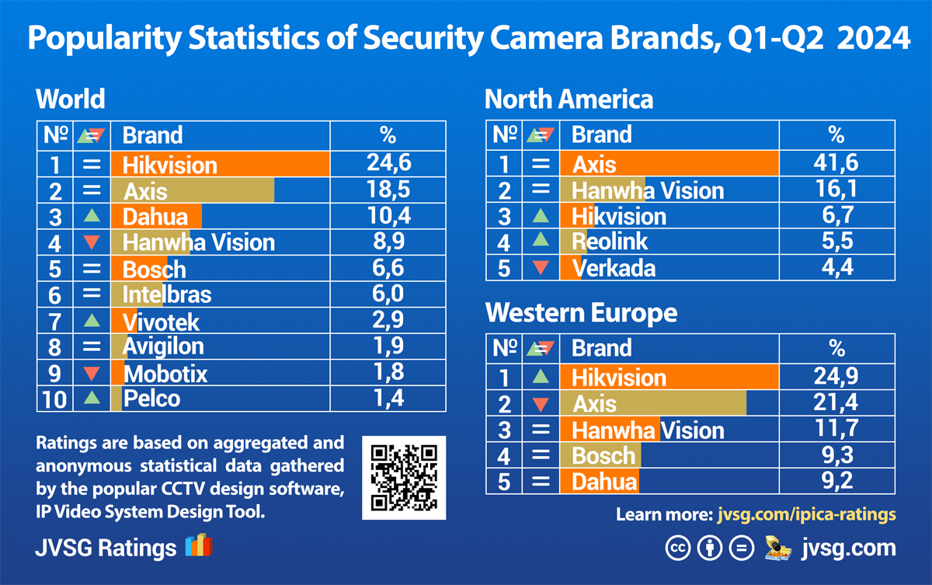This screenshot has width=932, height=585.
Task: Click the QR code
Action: coord(404,478)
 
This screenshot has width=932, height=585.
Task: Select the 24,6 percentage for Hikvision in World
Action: coord(388,163)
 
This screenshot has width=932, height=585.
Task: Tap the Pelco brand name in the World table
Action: coord(151,399)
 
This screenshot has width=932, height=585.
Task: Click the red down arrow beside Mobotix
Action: coord(92,374)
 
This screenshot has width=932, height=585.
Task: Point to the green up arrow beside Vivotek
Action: coord(92,320)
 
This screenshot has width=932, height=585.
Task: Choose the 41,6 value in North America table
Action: coord(836,163)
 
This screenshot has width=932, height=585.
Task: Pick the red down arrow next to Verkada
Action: coord(541,268)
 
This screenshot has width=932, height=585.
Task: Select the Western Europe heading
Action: coord(581,313)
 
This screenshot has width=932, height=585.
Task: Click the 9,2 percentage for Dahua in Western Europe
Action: coord(836,481)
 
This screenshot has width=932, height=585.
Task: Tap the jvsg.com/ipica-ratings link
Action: coord(806,514)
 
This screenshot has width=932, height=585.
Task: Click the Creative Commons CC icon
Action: coord(677,548)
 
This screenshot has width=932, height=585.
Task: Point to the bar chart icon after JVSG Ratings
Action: coord(198,545)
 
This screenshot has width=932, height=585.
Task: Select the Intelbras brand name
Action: coord(166,294)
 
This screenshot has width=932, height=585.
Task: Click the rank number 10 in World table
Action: coord(54,399)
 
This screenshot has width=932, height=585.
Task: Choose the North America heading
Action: coord(569,99)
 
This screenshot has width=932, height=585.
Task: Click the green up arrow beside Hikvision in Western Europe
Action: coord(541,378)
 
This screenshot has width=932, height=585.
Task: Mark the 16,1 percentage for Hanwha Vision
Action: coord(836,190)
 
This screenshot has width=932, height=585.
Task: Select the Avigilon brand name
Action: coord(163,346)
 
